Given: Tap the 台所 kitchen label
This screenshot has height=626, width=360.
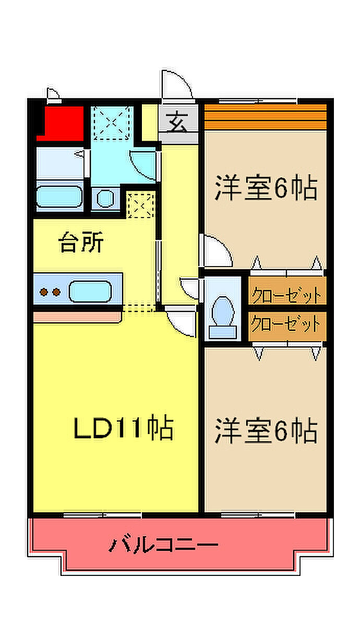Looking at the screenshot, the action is click(x=81, y=242).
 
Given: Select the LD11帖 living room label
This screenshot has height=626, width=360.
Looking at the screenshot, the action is click(x=124, y=428).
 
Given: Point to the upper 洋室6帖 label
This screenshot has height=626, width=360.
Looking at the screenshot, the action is click(x=266, y=187).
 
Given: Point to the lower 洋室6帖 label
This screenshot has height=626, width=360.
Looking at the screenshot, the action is click(x=266, y=430).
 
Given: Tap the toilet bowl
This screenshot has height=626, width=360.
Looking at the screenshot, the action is click(x=223, y=311).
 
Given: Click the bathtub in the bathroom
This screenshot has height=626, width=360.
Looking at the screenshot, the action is click(x=59, y=197).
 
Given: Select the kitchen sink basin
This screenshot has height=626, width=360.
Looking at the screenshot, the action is click(x=90, y=292).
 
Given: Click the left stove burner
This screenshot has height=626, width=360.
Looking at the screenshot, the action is click(x=44, y=292).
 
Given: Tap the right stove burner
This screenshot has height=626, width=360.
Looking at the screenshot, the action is click(x=56, y=292).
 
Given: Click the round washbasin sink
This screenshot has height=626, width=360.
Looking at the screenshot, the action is click(x=105, y=198).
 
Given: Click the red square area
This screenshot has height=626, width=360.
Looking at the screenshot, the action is click(x=61, y=124).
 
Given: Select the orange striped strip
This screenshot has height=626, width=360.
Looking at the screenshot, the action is click(x=265, y=117).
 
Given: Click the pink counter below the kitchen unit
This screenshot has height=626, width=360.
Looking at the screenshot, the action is click(x=77, y=318).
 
